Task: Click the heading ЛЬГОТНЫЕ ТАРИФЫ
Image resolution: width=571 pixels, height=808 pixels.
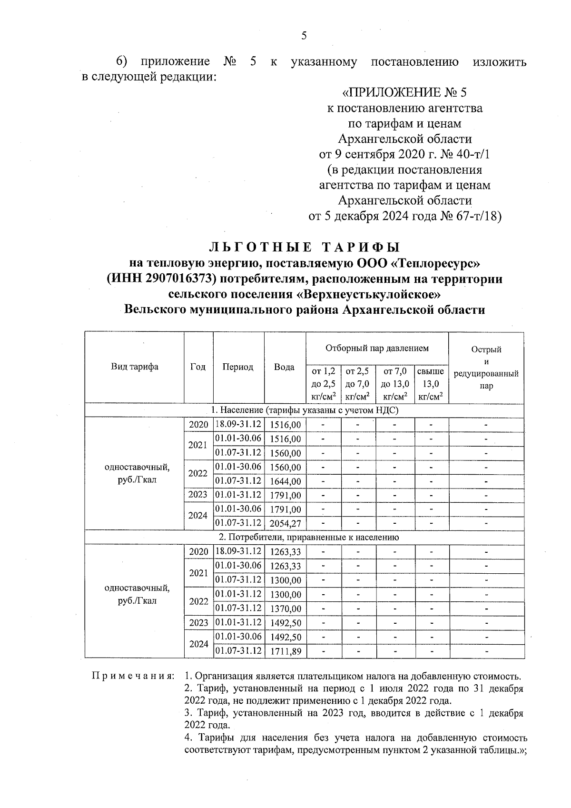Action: [305, 247]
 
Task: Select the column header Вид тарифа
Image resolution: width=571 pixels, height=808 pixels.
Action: [135, 367]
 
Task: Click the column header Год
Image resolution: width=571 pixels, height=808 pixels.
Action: [198, 367]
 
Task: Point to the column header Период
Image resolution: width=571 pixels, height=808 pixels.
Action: [238, 367]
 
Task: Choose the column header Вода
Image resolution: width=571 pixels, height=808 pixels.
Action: [285, 367]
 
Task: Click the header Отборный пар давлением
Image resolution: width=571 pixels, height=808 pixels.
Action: [377, 348]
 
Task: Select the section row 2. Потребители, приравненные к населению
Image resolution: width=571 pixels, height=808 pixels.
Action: [305, 537]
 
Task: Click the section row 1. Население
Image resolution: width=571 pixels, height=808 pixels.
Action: [305, 410]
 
